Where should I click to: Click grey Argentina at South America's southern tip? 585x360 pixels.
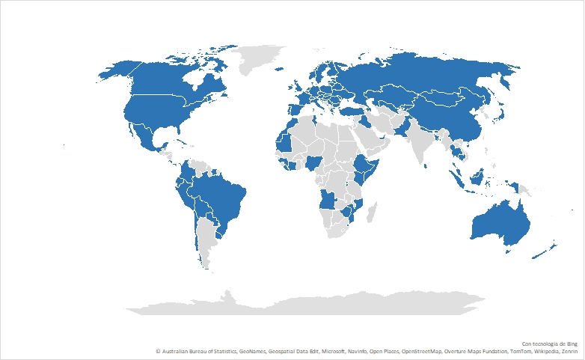pos(200,240)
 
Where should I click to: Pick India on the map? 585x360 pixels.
pos(423,147)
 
